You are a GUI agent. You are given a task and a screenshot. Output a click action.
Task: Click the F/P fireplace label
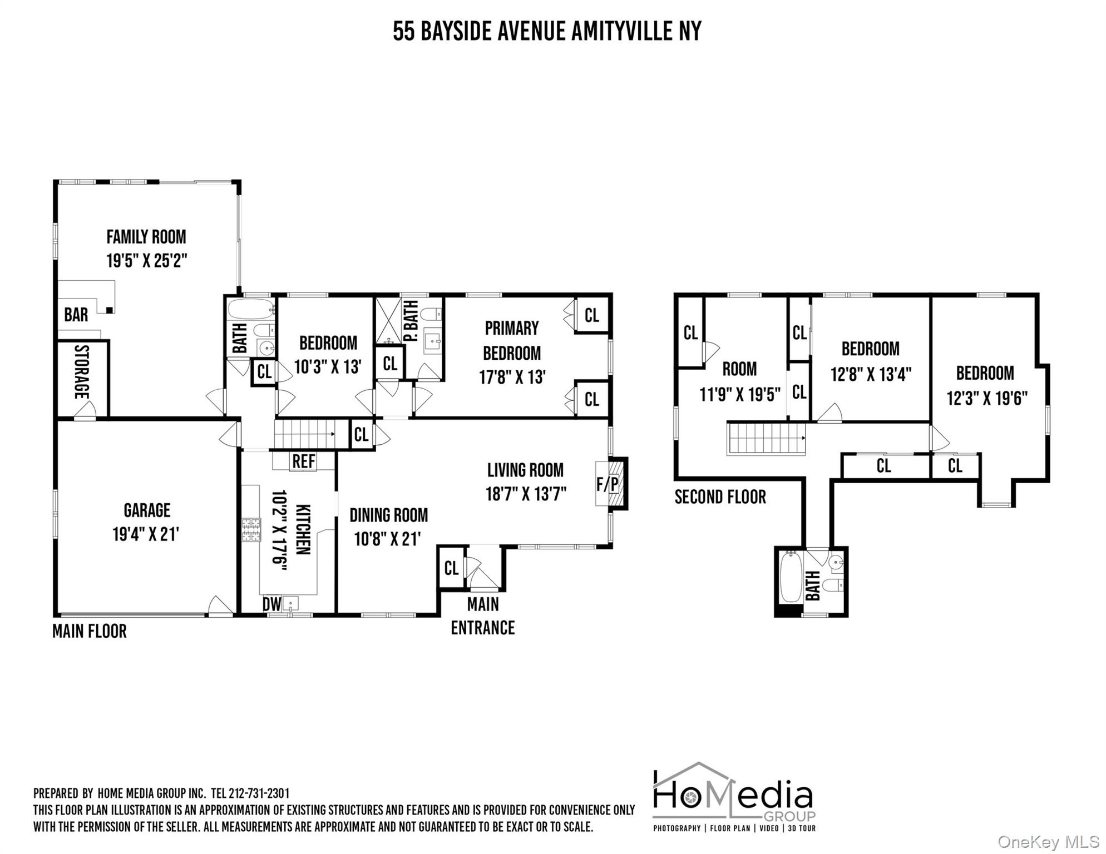tap(608, 484)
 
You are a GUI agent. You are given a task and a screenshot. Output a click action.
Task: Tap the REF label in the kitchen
tap(304, 461)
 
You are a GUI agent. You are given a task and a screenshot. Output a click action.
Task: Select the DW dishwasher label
tap(271, 604)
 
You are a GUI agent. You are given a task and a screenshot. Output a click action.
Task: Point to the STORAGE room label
tap(82, 372)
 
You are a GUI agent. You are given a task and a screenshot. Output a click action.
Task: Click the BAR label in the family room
tap(76, 315)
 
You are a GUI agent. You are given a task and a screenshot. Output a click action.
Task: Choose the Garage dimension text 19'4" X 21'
tap(146, 534)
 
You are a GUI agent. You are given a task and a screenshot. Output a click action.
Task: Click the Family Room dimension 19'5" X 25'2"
tap(147, 260)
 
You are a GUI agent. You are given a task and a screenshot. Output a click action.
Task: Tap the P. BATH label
tap(411, 321)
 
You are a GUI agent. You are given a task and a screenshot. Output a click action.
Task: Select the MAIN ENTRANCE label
tap(483, 616)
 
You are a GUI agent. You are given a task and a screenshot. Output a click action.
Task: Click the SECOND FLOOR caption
tap(720, 496)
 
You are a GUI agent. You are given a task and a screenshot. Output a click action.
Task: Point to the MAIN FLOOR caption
tap(90, 631)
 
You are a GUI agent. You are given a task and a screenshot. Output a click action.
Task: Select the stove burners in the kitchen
tap(251, 529)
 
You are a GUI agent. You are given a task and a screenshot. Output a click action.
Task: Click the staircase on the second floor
tap(767, 438)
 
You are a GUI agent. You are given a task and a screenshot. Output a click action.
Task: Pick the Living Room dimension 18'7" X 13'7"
tap(526, 494)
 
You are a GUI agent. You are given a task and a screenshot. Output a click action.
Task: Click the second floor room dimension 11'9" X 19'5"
tap(740, 394)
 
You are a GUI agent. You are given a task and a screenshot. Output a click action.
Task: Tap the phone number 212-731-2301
tap(259, 793)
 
